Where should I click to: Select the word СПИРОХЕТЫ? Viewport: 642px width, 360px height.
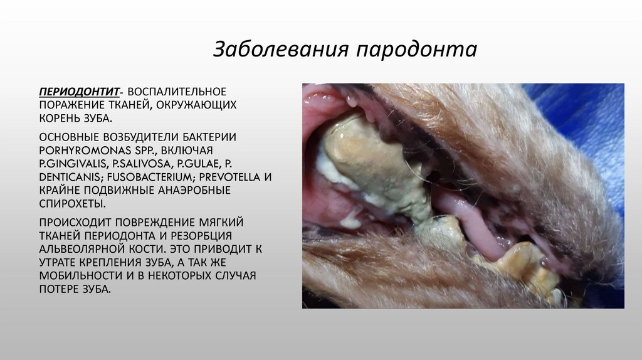[72, 204]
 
